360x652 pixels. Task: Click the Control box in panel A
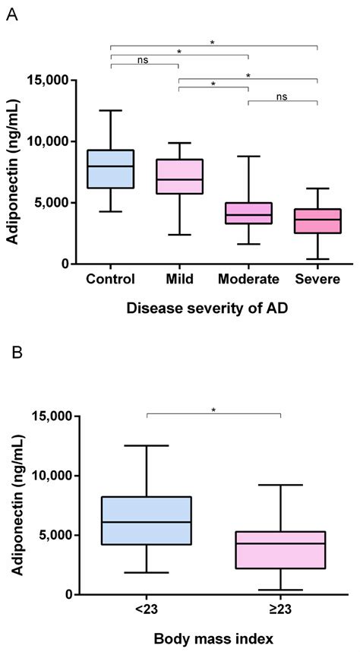pos(111,169)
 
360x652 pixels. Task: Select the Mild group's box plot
pos(179,176)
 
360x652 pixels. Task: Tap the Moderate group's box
pos(248,213)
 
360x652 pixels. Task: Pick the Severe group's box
pos(317,220)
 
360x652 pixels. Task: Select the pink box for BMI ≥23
pos(281,549)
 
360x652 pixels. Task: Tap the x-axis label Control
pos(111,279)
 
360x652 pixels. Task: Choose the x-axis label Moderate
pos(248,279)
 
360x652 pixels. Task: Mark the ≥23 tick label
pos(281,609)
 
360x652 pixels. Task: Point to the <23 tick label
pos(146,609)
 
